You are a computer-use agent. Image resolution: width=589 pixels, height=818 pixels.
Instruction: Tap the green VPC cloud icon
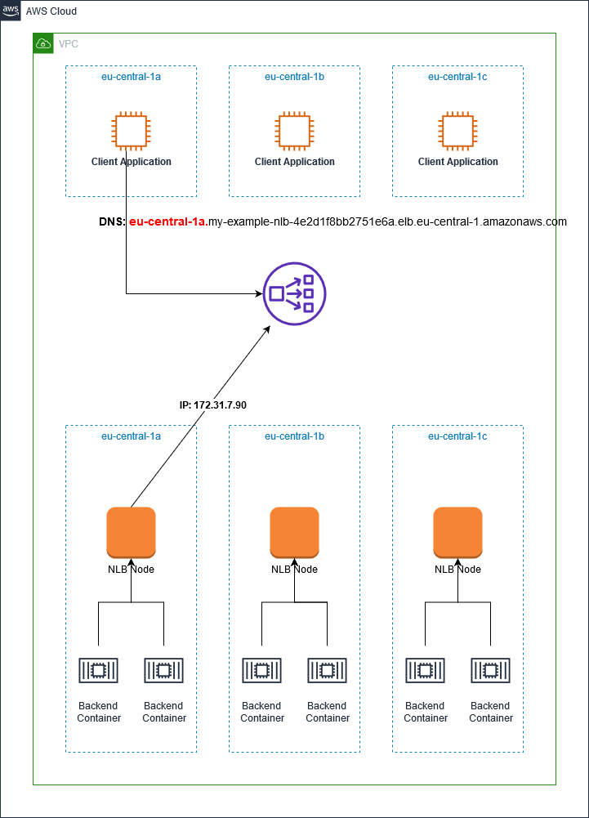[x=43, y=43]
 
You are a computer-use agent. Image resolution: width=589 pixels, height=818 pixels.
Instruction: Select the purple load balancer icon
[x=294, y=293]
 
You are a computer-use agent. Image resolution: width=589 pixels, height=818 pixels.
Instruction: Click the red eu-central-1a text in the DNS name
[x=167, y=221]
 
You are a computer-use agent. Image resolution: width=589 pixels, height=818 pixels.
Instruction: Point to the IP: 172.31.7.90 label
[x=212, y=405]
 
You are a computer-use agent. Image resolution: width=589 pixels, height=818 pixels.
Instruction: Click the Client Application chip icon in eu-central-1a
[x=131, y=132]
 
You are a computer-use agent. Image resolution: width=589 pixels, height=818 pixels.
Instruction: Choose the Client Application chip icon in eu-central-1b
[x=294, y=132]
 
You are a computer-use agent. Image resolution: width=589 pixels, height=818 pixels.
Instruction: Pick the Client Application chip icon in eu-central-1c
[x=457, y=132]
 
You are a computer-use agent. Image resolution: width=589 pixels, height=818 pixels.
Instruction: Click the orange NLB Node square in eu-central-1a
[x=131, y=531]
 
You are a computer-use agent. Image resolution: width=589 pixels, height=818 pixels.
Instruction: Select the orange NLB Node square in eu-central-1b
[x=294, y=531]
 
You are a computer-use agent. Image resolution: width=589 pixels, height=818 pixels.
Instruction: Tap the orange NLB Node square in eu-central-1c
[x=457, y=531]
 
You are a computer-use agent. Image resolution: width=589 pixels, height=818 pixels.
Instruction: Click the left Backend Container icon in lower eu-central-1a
[x=98, y=671]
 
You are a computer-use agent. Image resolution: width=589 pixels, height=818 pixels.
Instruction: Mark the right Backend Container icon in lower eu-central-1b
[x=327, y=671]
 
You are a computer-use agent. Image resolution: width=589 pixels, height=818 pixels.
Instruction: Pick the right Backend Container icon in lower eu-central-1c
[x=490, y=671]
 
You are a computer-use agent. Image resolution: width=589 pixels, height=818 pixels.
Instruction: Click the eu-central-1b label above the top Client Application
[x=294, y=77]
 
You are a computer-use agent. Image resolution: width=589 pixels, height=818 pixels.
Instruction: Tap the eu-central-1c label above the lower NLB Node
[x=457, y=436]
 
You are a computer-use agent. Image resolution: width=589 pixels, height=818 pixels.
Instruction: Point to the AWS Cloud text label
[x=51, y=11]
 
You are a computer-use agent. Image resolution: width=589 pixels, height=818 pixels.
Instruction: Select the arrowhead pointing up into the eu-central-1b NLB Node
[x=294, y=561]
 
